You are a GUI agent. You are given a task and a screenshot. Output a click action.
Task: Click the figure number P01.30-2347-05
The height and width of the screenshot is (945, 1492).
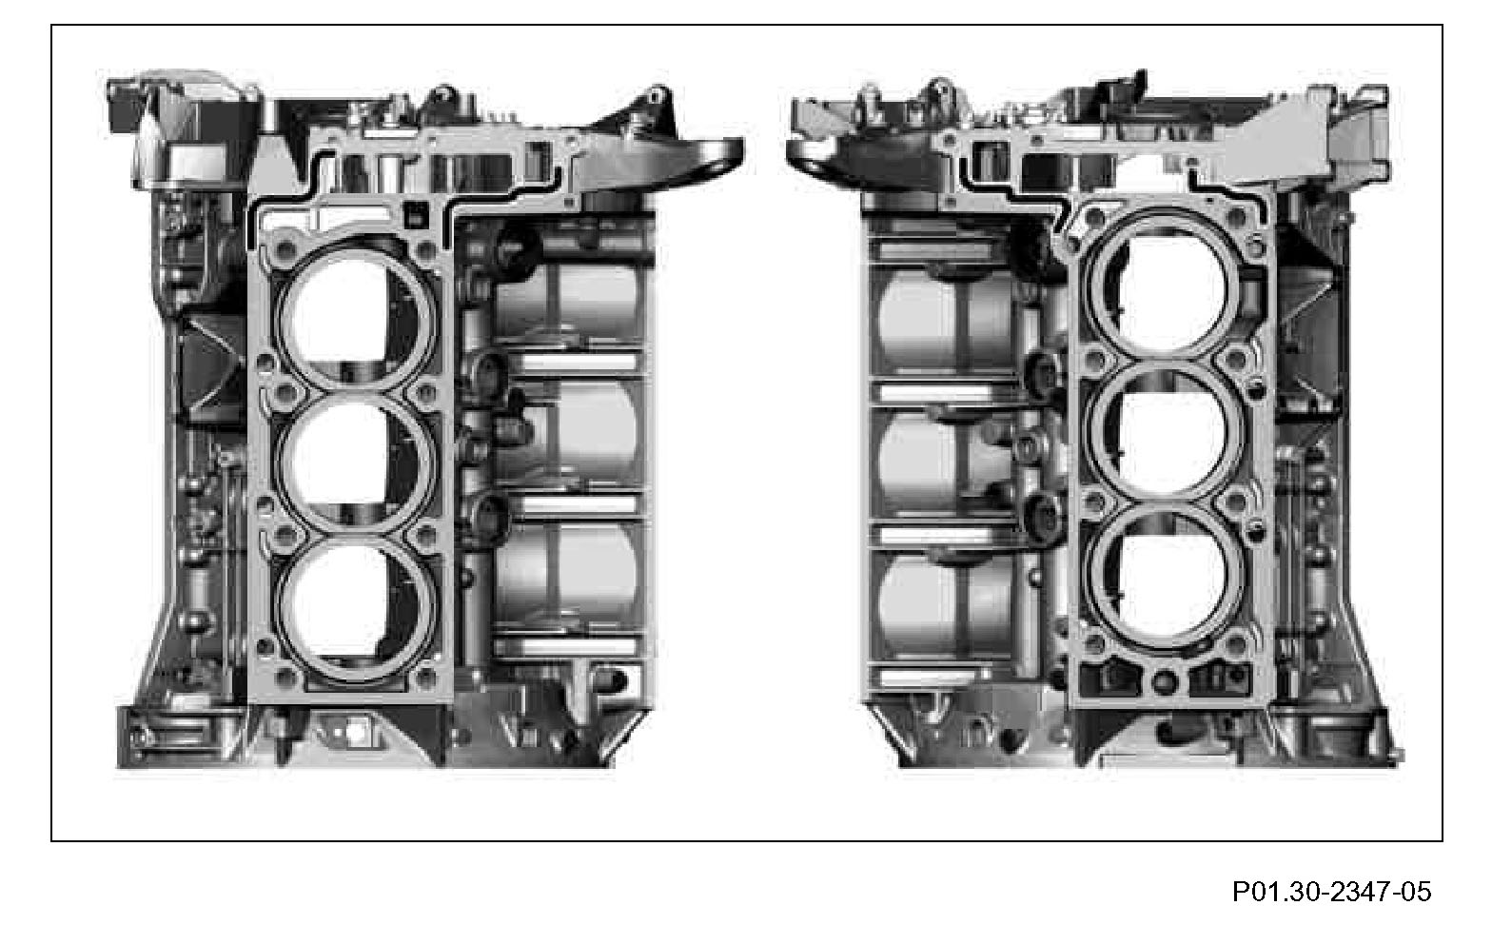(1331, 891)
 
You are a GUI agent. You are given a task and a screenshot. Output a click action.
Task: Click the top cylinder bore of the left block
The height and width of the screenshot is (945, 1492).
(354, 315)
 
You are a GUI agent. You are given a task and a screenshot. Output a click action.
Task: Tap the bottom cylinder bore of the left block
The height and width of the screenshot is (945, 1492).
(354, 606)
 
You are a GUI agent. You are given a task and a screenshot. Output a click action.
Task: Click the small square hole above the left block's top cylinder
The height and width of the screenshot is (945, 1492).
(415, 214)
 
